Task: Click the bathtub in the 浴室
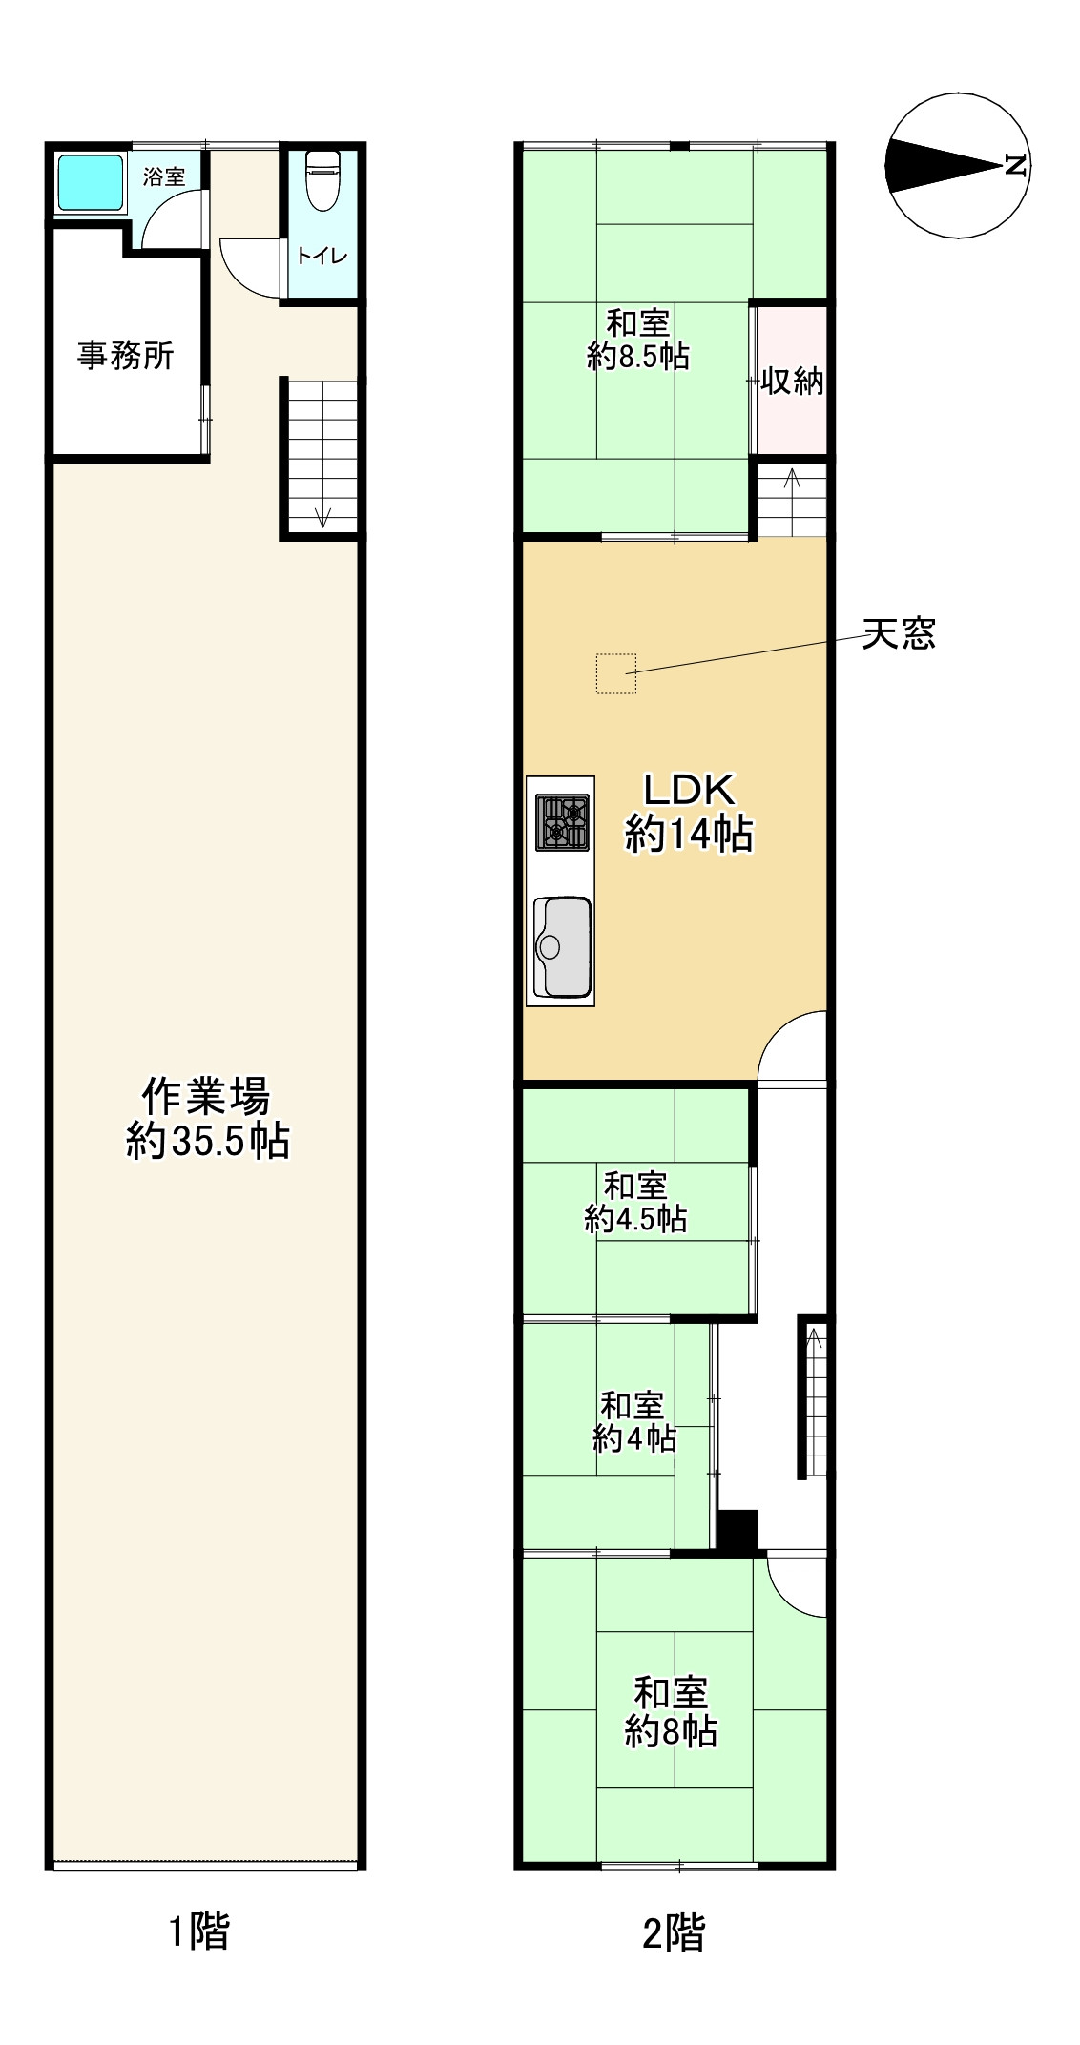click(x=92, y=182)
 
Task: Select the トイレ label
click(x=322, y=256)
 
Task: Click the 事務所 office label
click(x=126, y=356)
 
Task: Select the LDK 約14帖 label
click(x=689, y=813)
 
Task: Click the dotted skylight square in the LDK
click(x=616, y=673)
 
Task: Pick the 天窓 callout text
click(x=898, y=633)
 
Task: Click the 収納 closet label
click(x=792, y=382)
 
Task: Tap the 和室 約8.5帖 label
click(x=638, y=340)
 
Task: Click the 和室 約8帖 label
click(x=671, y=1712)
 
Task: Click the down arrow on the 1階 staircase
click(x=322, y=516)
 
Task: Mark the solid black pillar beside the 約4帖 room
click(x=737, y=1531)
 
